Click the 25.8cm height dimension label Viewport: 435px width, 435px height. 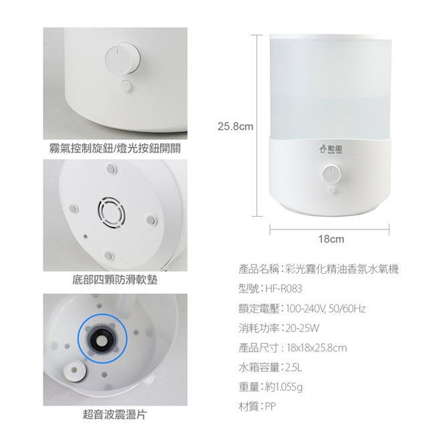[x=236, y=126]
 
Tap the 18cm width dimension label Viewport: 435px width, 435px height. [x=331, y=239]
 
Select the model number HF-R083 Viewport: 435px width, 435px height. [x=284, y=289]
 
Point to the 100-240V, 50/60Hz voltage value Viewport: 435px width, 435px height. [x=326, y=309]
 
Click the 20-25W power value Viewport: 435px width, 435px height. [x=302, y=328]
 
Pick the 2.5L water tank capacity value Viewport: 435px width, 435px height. [x=294, y=367]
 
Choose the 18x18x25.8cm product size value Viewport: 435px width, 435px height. [x=317, y=348]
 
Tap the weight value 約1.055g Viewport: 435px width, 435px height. [x=284, y=387]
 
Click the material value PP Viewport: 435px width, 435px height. [x=270, y=407]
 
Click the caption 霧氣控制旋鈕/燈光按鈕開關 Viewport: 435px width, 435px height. [x=115, y=148]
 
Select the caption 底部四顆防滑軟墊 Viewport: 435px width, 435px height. [x=115, y=280]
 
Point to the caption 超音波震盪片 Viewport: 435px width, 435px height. [x=115, y=414]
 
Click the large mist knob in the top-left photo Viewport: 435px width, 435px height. [x=122, y=58]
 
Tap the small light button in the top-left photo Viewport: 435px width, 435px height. [x=125, y=86]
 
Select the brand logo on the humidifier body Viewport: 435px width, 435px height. [x=331, y=149]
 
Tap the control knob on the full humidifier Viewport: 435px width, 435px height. [x=331, y=174]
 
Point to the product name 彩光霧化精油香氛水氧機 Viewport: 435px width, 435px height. [x=342, y=269]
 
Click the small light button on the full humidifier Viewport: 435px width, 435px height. [x=331, y=190]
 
